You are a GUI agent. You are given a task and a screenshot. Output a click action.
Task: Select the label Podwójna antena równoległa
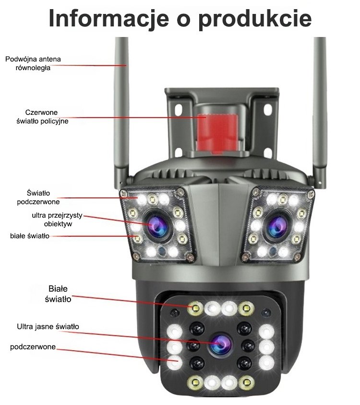coord(33,63)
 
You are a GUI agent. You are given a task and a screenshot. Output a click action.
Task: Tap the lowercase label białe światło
coord(29,236)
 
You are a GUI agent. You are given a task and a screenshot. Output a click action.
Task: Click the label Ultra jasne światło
coord(48,327)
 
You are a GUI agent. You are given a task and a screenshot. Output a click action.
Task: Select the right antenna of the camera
coord(320,110)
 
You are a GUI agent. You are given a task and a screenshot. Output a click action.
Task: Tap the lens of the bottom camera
coord(219,343)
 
